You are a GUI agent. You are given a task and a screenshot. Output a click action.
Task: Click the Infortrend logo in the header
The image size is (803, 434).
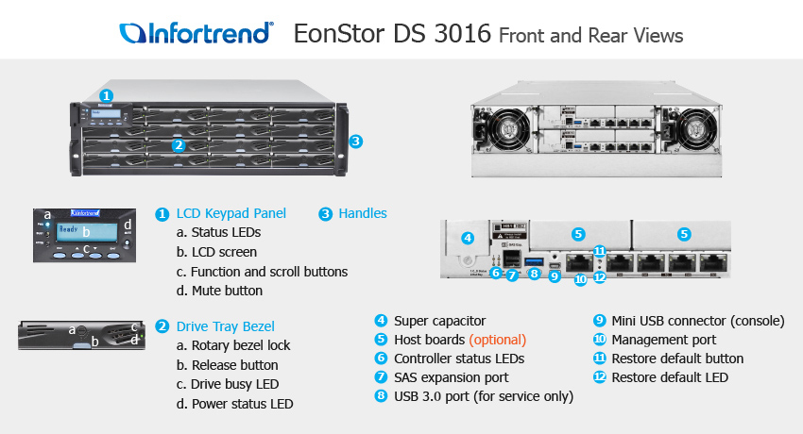click(196, 33)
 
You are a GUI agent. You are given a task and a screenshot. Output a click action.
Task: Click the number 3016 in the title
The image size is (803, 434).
click(463, 34)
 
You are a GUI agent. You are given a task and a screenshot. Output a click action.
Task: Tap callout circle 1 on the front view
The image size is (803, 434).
click(106, 95)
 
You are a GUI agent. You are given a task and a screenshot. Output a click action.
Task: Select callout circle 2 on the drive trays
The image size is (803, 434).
click(179, 145)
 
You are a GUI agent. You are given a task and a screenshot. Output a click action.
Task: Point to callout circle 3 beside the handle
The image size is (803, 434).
click(356, 142)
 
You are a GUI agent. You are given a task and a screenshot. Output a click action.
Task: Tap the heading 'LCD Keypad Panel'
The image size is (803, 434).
click(231, 213)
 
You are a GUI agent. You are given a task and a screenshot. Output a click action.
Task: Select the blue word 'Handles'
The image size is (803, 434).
click(363, 213)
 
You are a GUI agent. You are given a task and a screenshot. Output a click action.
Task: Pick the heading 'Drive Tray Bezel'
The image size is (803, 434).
click(226, 326)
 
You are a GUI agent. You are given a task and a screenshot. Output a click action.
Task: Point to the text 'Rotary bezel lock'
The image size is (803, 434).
click(241, 345)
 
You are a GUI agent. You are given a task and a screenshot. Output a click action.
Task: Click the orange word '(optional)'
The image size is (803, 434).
click(497, 340)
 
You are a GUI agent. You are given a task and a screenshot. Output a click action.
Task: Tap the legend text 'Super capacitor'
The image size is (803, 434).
click(439, 321)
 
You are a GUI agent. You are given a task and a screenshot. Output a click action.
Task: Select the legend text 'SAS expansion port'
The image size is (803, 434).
click(452, 377)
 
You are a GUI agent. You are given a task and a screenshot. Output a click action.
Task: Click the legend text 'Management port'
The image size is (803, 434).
click(664, 340)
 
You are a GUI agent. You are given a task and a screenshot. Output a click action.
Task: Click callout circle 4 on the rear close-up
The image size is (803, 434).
click(467, 238)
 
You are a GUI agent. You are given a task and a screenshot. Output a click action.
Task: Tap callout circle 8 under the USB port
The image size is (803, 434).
click(534, 274)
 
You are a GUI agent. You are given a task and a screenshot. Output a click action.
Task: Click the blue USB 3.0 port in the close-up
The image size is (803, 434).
click(534, 261)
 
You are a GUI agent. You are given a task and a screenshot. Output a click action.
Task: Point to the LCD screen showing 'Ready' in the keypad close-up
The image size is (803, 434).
click(86, 231)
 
